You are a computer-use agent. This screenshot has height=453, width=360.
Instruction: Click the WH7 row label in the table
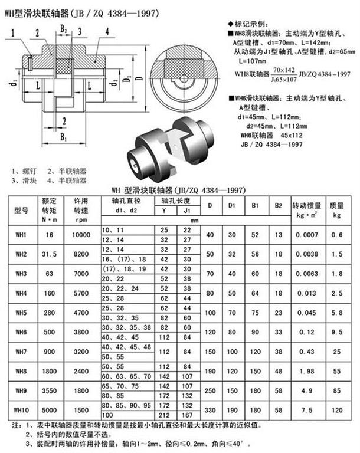21,352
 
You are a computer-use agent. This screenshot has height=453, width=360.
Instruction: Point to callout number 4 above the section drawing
107,31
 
